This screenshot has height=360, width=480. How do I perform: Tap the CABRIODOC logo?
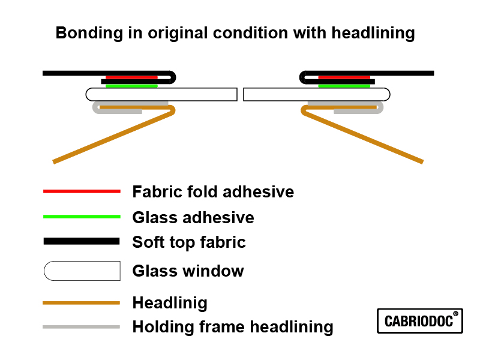(420, 321)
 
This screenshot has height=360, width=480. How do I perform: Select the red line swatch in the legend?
(82, 191)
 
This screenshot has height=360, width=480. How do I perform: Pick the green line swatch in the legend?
(82, 217)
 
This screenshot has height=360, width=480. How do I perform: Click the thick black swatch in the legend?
(82, 241)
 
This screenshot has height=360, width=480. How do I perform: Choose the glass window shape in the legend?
(82, 271)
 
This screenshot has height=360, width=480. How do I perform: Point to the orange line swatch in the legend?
(82, 303)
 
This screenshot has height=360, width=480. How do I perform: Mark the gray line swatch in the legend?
(82, 327)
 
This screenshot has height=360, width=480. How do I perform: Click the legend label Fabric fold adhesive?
(213, 192)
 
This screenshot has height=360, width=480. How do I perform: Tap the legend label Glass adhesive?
(193, 217)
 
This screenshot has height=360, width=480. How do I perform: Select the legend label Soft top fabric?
(189, 242)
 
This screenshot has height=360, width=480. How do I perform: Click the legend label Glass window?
(188, 271)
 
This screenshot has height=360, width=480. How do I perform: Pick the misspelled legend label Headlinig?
(170, 303)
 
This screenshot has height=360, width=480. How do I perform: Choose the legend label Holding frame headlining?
(233, 327)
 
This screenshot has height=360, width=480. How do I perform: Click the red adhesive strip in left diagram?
(131, 77)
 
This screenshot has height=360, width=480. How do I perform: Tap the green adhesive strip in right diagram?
(344, 86)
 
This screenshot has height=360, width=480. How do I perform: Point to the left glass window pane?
(161, 94)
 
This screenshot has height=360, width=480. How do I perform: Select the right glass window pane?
(316, 94)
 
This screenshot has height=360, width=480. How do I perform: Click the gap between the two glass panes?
(240, 94)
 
